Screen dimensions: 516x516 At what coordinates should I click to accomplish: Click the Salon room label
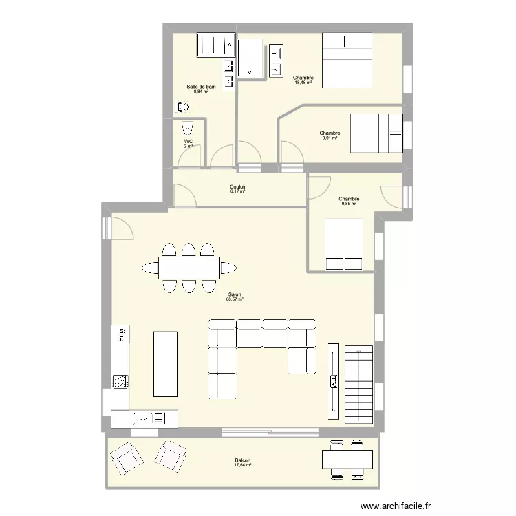coord(235,294)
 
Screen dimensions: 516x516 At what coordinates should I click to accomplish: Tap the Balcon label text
coord(242,461)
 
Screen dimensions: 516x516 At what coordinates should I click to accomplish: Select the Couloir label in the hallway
coord(238,186)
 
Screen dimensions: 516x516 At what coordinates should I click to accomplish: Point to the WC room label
coord(188,142)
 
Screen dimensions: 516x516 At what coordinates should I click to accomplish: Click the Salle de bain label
coord(201,87)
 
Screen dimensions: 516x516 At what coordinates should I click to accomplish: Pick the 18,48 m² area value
coord(303,83)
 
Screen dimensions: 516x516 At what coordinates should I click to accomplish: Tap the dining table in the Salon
coord(189,267)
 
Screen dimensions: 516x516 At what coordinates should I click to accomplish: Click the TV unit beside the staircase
coord(334,380)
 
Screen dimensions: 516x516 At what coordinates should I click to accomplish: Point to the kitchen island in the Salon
coord(164,363)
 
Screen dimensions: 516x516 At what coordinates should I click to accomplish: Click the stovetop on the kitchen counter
coord(120,380)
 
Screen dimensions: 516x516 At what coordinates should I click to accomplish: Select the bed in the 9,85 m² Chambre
coord(343,246)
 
